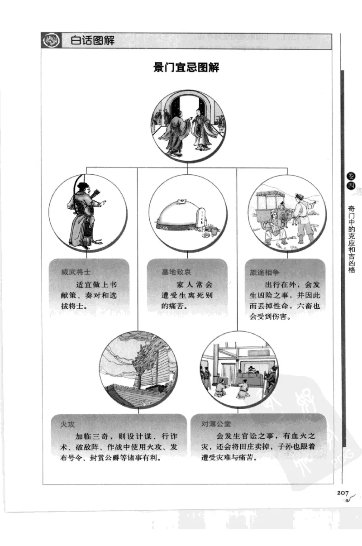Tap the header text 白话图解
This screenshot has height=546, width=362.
tap(93, 41)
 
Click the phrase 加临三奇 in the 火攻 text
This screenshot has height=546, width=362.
tap(91, 436)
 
